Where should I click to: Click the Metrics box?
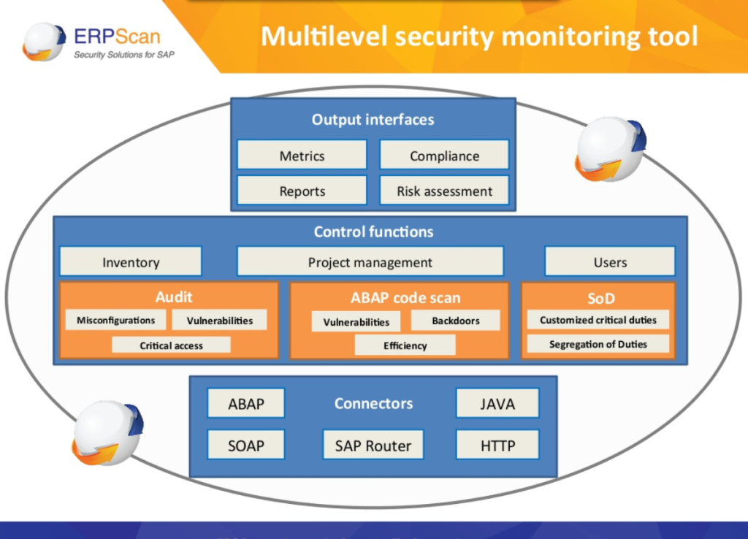click(x=302, y=156)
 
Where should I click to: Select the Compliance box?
click(x=444, y=156)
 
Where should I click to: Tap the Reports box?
click(x=302, y=191)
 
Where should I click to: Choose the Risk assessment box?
click(x=444, y=191)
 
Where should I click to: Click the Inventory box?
click(x=130, y=262)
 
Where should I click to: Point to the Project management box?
click(x=370, y=262)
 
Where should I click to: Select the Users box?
click(x=610, y=262)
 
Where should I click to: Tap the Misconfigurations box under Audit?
click(x=115, y=320)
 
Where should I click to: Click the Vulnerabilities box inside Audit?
click(x=219, y=320)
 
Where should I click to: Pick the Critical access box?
click(x=171, y=345)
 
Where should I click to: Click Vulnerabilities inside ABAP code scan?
click(x=356, y=321)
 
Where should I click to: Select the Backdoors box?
click(x=455, y=321)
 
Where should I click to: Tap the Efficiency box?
click(x=405, y=345)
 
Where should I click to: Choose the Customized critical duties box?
click(x=598, y=320)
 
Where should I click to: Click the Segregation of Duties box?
click(x=598, y=344)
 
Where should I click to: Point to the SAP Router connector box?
click(x=373, y=445)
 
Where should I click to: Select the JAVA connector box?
click(x=497, y=403)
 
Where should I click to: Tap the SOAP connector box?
click(x=245, y=445)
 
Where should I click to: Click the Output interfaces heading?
click(x=373, y=120)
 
